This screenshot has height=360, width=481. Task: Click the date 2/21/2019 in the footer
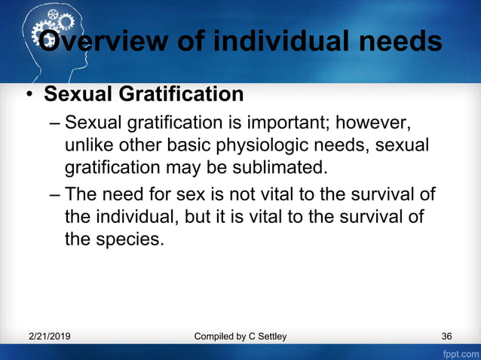(51, 336)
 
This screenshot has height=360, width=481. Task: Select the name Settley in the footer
(268, 336)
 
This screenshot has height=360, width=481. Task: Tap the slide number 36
(447, 336)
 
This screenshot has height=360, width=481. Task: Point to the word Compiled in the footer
(215, 336)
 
